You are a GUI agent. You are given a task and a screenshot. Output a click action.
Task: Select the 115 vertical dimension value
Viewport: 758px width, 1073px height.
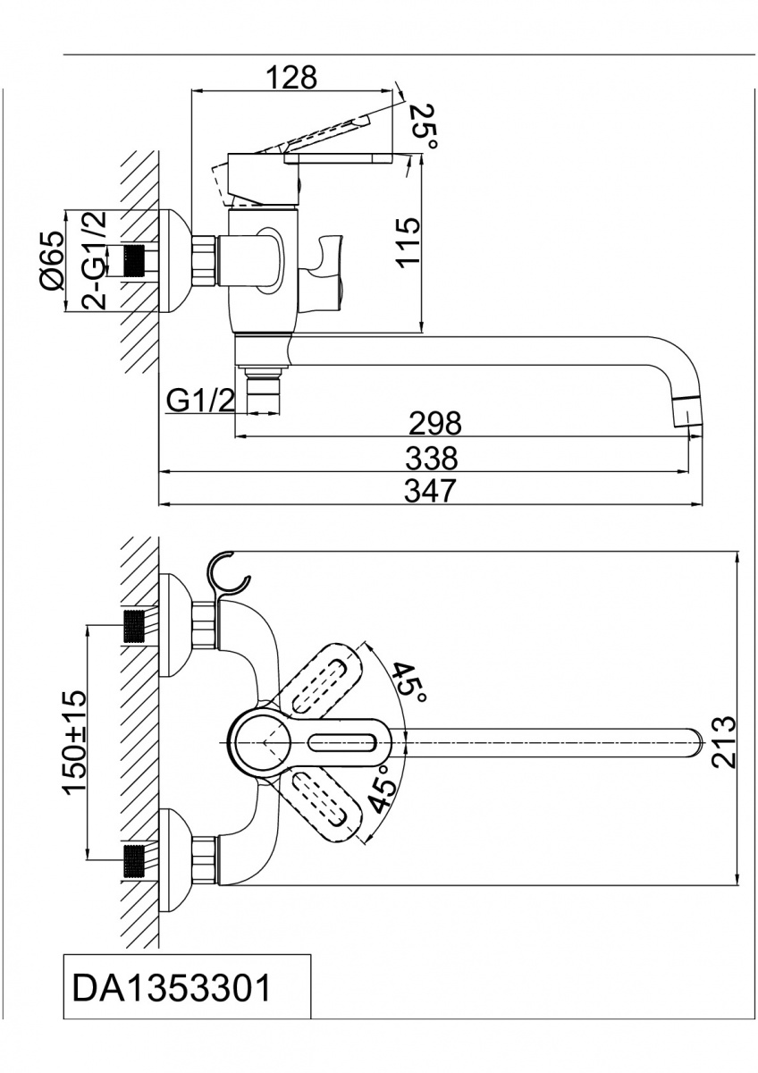(407, 241)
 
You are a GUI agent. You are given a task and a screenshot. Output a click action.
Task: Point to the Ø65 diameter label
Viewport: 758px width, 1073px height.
(52, 259)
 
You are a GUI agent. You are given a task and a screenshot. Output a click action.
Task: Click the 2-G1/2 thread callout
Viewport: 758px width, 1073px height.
(93, 260)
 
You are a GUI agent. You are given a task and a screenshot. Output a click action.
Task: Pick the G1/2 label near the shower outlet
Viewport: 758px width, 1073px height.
(200, 401)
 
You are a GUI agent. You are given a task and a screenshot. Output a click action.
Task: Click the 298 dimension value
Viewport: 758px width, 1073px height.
(434, 422)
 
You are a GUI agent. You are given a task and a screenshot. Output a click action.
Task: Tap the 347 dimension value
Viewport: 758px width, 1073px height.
(430, 491)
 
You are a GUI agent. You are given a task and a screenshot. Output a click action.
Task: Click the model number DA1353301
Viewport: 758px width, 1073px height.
(170, 990)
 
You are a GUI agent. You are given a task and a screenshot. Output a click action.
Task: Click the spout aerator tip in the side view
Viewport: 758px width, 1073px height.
(686, 412)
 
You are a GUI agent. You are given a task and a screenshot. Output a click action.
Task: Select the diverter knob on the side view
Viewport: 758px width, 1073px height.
(325, 264)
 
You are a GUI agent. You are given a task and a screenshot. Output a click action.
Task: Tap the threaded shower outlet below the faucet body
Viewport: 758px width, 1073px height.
(262, 394)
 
